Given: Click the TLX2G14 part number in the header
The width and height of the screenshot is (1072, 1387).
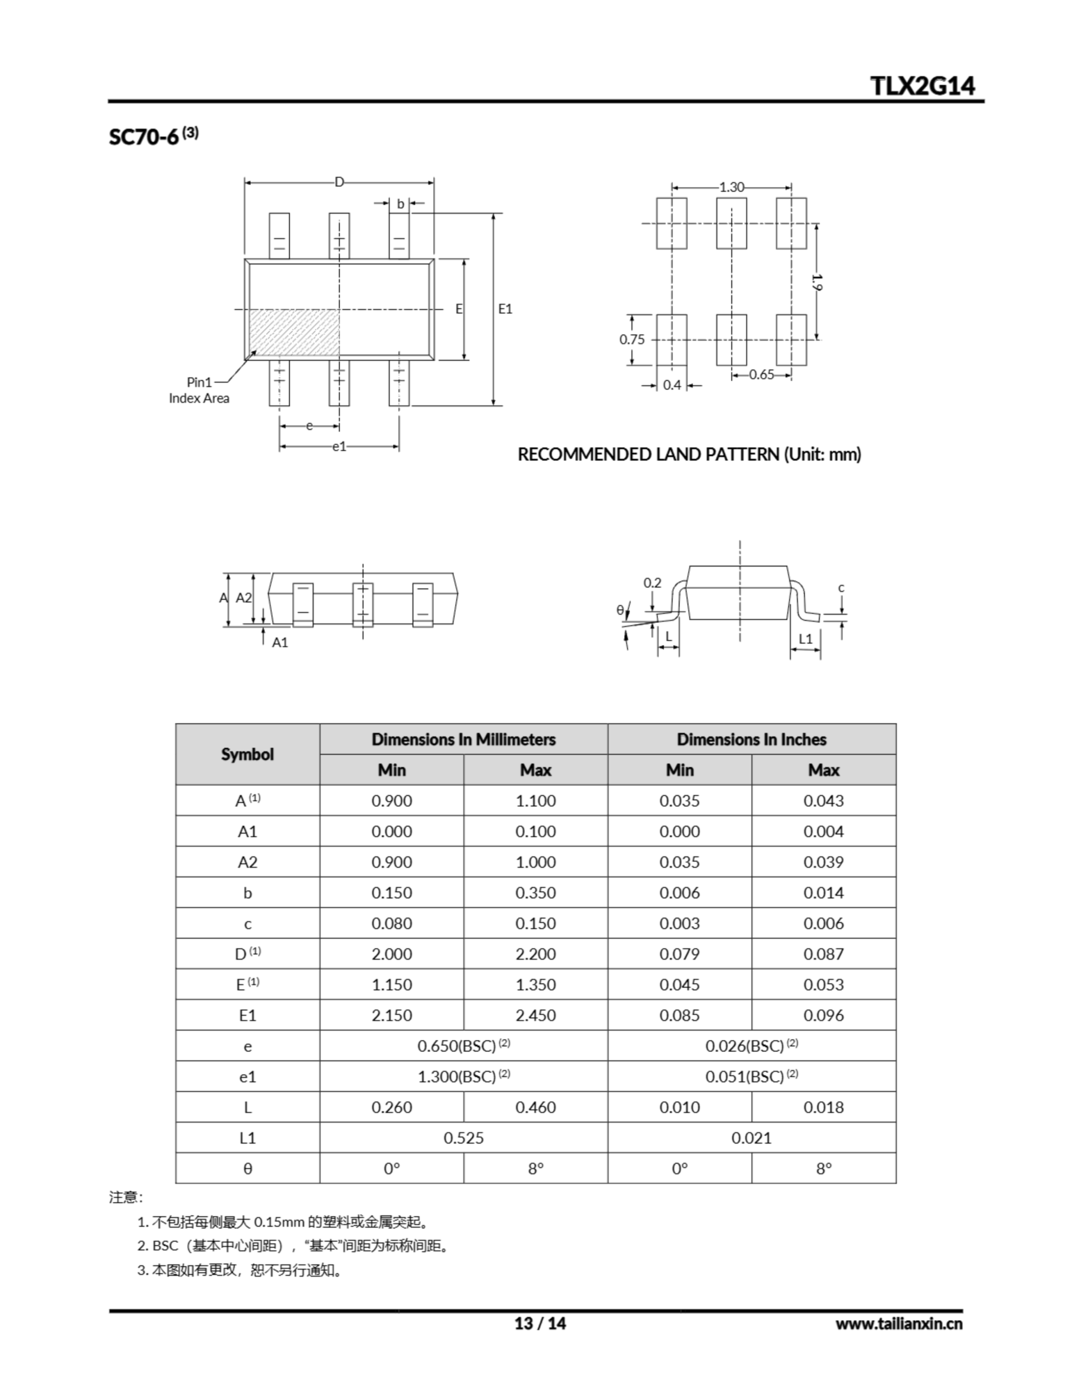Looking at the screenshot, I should click(x=922, y=86).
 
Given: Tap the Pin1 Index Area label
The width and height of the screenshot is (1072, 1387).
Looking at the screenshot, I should click(x=199, y=391).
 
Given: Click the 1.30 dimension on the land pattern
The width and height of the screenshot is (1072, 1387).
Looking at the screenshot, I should click(x=732, y=187).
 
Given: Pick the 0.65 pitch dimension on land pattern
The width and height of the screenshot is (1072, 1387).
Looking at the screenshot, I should click(x=761, y=375).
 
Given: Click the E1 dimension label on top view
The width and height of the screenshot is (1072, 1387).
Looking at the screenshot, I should click(x=505, y=309).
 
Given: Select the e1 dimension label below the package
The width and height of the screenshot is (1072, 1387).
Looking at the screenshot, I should click(x=339, y=446).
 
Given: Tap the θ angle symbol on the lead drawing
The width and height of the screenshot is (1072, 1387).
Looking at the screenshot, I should click(x=620, y=610).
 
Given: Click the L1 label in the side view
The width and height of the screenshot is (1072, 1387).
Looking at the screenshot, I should click(x=805, y=639).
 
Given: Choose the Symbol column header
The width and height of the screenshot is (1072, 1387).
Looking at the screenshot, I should click(x=247, y=755).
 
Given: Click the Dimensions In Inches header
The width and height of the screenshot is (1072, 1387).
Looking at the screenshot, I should click(x=751, y=739).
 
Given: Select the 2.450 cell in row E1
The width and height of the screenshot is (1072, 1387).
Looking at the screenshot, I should click(x=535, y=1015).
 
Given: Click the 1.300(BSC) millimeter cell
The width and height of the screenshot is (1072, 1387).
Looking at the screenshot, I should click(x=463, y=1077).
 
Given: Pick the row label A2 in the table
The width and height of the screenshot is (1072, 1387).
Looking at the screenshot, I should click(x=247, y=863).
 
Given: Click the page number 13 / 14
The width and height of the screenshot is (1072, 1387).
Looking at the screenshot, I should click(x=539, y=1324).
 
